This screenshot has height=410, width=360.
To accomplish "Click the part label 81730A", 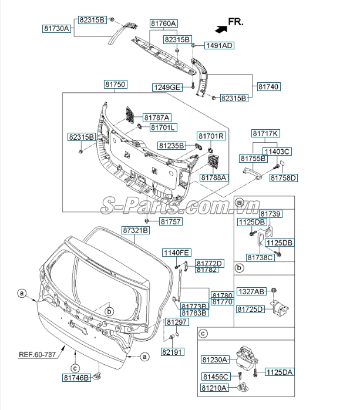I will click(x=56, y=28).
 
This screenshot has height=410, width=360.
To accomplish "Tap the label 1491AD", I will click(x=218, y=45).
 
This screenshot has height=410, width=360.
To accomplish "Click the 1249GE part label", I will click(x=167, y=87).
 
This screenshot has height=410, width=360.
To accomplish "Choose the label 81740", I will click(x=268, y=86).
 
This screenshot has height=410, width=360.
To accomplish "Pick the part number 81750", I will click(x=115, y=85).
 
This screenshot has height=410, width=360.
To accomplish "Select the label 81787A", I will click(x=160, y=117).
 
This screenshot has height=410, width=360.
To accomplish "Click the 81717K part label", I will click(x=265, y=133).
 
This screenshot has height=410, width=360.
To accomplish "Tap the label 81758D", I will click(x=284, y=177).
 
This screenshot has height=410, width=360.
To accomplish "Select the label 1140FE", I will click(x=176, y=253).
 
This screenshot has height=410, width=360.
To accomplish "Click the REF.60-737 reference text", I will click(x=38, y=354).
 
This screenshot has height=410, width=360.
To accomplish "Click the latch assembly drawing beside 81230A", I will click(x=246, y=355).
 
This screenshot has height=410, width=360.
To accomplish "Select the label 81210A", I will click(x=216, y=388).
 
